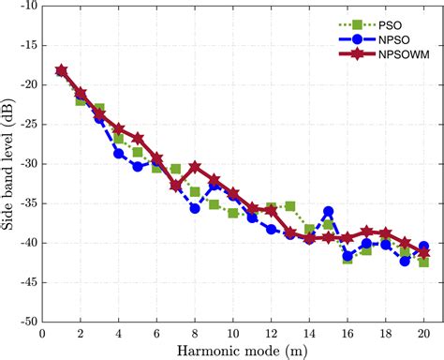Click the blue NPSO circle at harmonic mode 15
[328, 212]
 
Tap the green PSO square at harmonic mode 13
[290, 206]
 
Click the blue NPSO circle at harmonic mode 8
[195, 208]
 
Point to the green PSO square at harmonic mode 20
[423, 262]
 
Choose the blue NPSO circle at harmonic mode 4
[119, 154]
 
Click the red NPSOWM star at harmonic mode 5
[138, 139]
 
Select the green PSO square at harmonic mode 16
[348, 258]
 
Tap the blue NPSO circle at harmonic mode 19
[405, 261]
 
